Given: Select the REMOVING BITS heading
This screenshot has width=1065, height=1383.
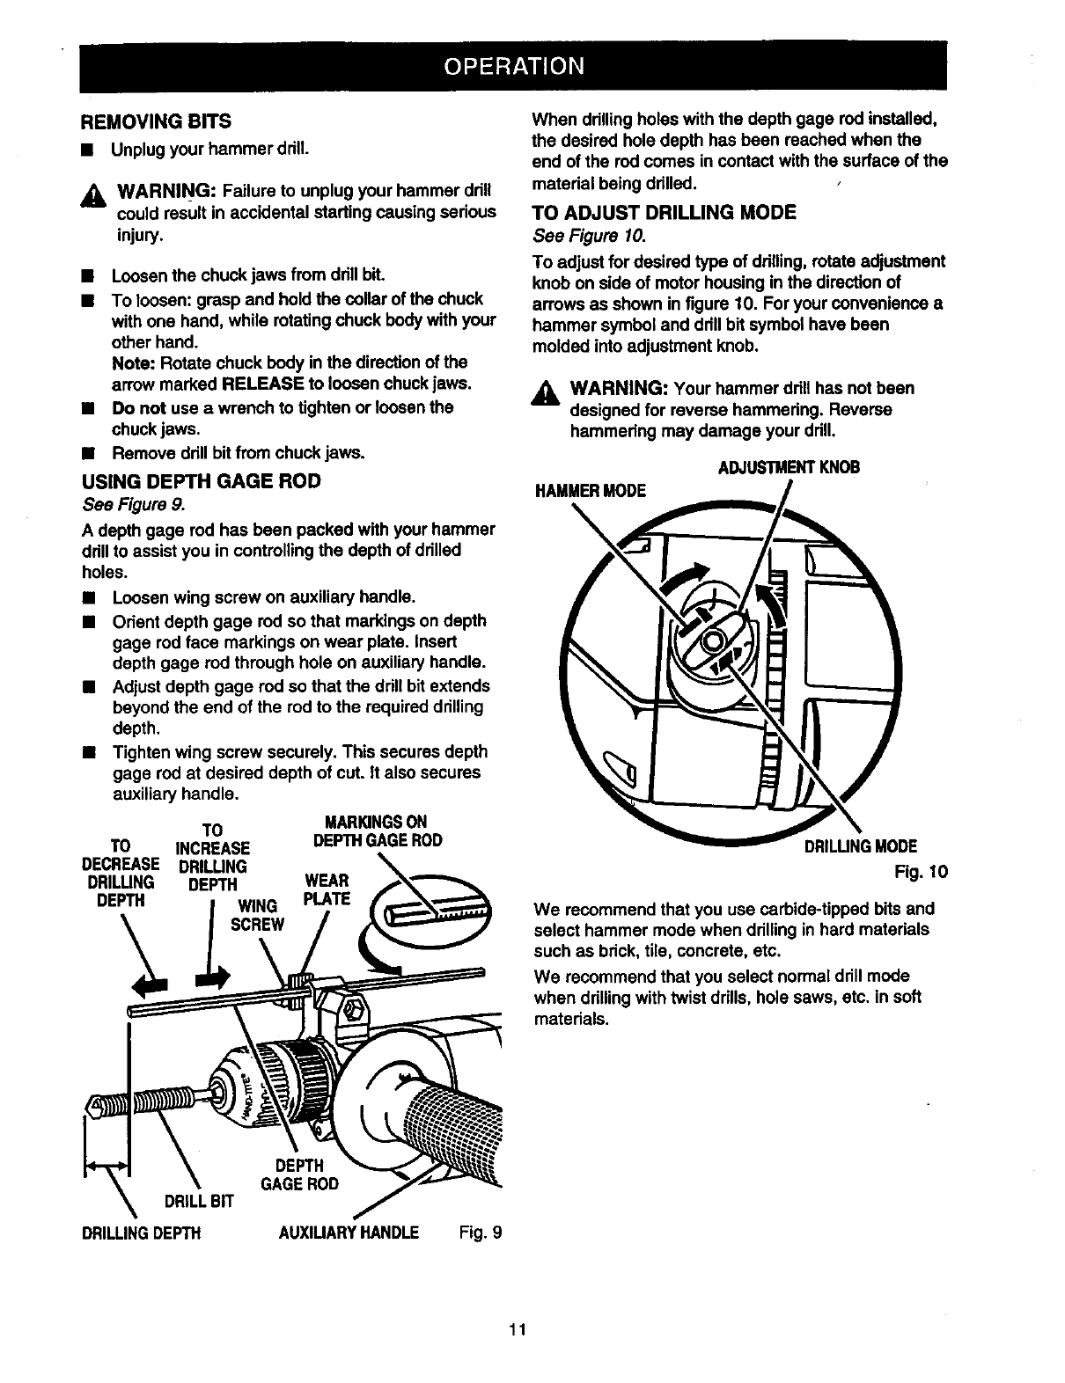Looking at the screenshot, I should click(x=156, y=120).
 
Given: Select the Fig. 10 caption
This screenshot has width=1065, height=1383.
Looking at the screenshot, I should click(x=921, y=872).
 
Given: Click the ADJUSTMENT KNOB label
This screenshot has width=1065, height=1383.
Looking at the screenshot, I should click(x=789, y=467).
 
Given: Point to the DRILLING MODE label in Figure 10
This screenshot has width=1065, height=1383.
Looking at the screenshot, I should click(x=860, y=846).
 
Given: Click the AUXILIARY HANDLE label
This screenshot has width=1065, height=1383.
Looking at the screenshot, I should click(x=348, y=1232).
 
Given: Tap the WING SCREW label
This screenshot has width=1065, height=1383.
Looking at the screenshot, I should click(x=257, y=915).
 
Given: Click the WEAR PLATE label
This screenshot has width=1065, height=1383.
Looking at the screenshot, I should click(x=326, y=889).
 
